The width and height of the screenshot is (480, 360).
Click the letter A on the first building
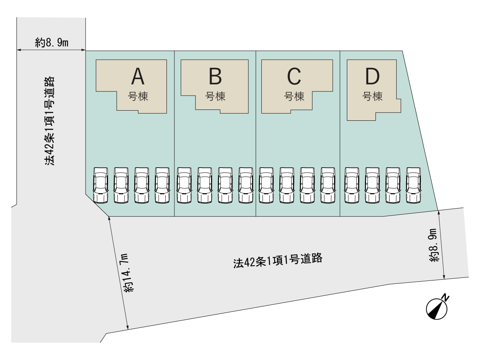point(138,76)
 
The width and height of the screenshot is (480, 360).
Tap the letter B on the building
point(215,76)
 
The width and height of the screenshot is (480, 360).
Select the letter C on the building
point(294,76)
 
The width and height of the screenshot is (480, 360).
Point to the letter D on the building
point(372,76)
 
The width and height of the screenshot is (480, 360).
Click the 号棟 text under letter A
point(138,96)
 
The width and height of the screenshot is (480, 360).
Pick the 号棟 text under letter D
point(372,96)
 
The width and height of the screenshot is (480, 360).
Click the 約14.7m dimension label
point(129,273)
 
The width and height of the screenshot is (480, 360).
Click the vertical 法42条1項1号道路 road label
point(49,121)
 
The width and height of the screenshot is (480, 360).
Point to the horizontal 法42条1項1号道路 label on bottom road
point(278,261)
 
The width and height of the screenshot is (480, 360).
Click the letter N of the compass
point(445,298)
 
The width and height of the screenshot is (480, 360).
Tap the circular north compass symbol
point(437,309)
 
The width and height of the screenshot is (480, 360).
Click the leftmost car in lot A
point(100,185)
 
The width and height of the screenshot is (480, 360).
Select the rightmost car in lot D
point(413,185)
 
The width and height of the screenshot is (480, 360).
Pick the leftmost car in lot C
point(266,185)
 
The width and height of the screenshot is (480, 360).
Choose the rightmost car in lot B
point(246,185)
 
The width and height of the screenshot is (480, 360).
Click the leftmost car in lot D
point(352,185)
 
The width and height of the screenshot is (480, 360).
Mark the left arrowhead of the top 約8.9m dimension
point(19,50)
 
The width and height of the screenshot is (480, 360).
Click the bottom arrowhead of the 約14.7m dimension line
point(127,327)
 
